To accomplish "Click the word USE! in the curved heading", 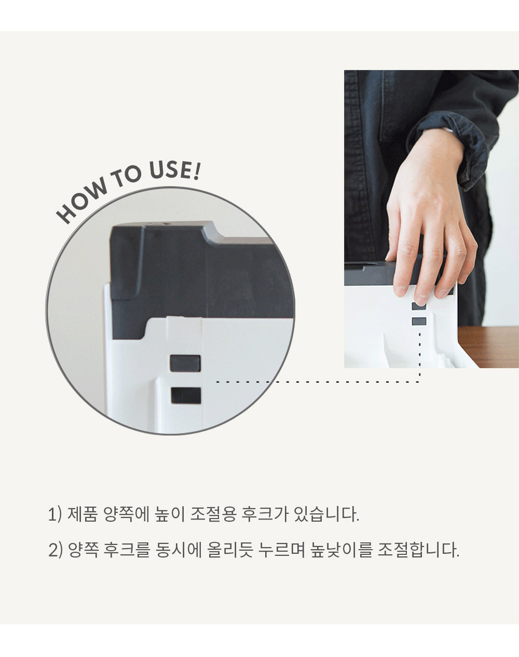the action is pos(174,170).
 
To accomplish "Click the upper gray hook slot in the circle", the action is pos(185,364).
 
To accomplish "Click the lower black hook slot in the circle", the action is pos(186,395).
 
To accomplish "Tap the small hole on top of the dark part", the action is pos(167,223).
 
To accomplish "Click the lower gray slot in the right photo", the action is pos(419,321).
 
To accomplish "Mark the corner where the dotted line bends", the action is pos(420,382).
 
